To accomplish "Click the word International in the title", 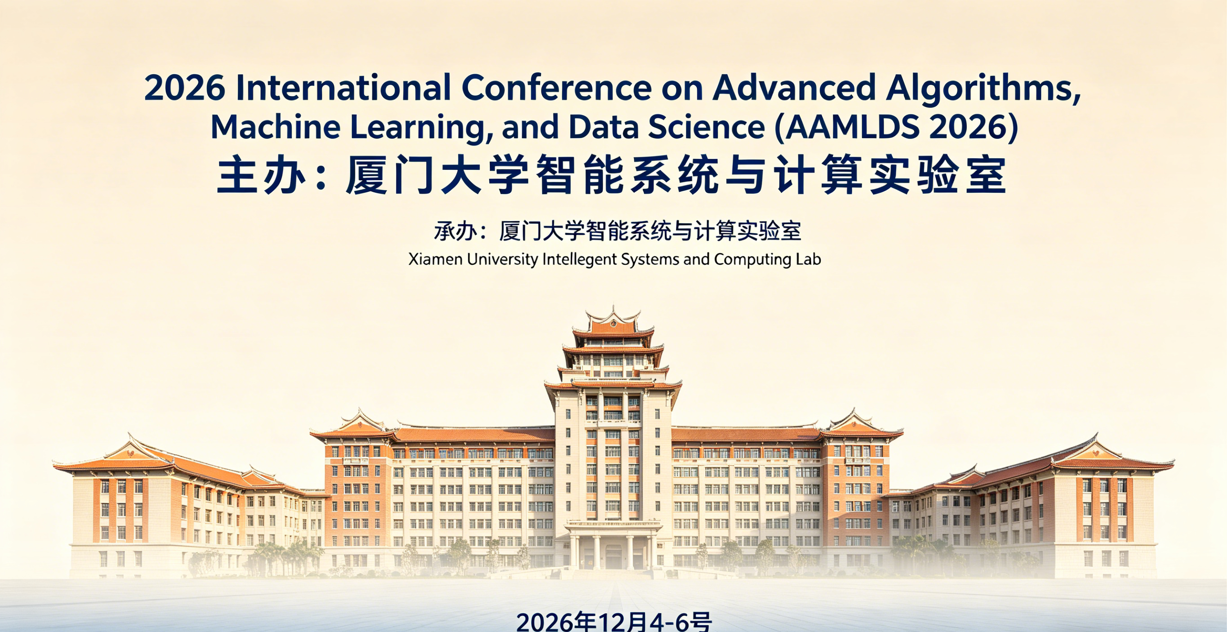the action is tap(343, 88).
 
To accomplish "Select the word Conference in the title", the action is tap(556, 88).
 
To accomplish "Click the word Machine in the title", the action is tap(276, 127).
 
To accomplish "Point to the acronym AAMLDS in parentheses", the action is tap(852, 127).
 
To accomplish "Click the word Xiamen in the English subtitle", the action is tap(436, 259).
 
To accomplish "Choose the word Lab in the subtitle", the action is tap(808, 259).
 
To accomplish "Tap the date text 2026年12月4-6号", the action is tap(614, 621).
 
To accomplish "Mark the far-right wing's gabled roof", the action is tap(1100, 455).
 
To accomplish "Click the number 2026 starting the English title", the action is tap(184, 88).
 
